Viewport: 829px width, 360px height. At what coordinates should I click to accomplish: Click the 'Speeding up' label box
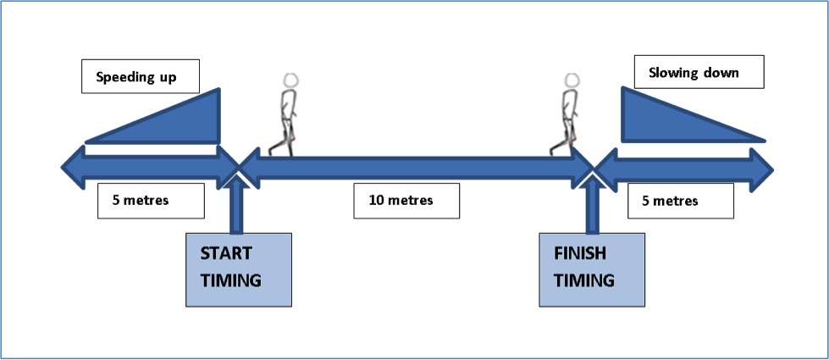141,76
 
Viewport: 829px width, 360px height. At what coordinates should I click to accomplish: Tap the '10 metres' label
407,201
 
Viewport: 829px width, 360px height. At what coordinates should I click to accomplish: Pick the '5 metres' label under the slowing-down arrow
679,202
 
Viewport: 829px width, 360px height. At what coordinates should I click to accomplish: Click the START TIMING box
239,269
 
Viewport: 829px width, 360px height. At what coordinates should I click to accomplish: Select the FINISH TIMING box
592,269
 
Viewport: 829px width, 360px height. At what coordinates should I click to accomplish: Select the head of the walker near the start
291,80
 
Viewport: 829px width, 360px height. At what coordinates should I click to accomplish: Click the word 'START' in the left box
223,253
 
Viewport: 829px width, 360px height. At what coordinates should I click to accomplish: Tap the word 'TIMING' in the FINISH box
583,280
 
